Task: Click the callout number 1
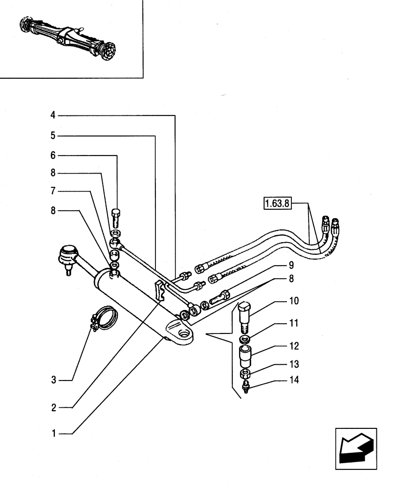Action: pos(54,433)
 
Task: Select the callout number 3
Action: pos(54,379)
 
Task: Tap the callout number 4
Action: pos(53,115)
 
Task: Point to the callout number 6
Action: pos(53,156)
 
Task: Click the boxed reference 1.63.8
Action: pos(277,203)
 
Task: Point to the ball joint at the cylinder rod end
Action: pos(67,256)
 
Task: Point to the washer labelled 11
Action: pos(245,339)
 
